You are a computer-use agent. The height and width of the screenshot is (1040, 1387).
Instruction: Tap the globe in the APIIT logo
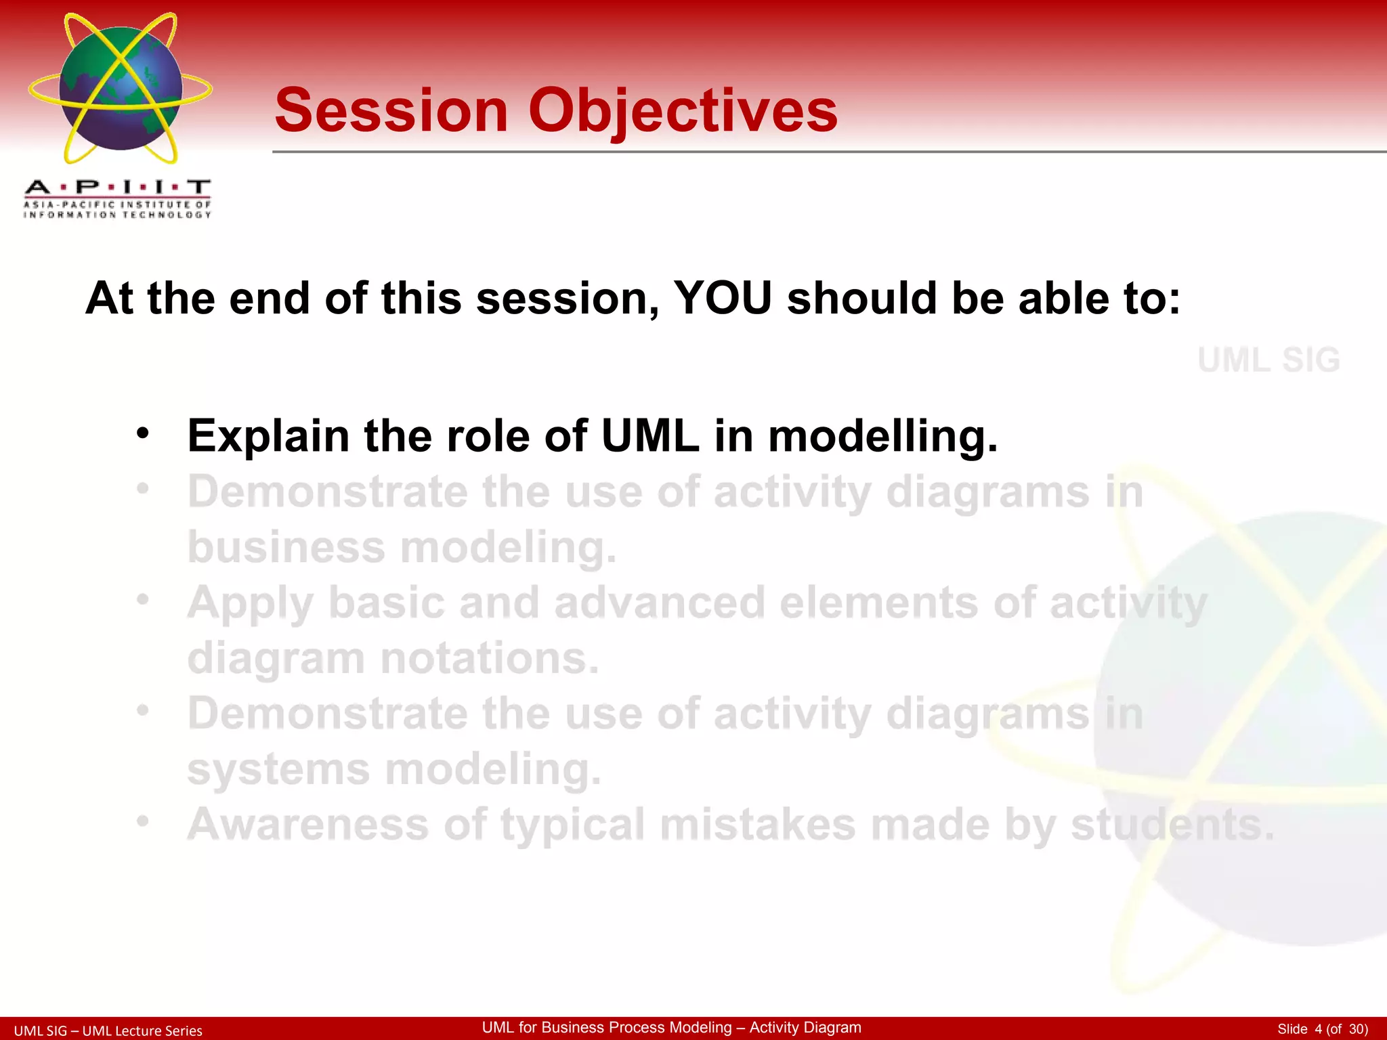coord(121,88)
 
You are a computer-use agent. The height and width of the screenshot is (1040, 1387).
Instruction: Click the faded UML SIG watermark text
coord(1268,360)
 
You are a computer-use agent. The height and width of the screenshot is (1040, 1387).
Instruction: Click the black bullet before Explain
coord(142,433)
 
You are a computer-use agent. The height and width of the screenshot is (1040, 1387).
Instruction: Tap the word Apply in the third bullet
coord(250,603)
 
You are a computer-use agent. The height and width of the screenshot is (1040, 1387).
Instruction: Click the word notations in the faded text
coord(490,658)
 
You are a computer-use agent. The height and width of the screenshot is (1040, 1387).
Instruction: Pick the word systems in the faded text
coord(278,770)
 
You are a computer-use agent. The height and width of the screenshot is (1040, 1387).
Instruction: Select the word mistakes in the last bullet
coord(757,825)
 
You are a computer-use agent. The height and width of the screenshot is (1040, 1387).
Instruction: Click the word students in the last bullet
coord(1172,825)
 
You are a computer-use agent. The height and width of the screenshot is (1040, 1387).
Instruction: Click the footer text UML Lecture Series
coord(142,1031)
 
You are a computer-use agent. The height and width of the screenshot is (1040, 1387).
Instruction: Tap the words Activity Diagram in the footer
coord(805,1027)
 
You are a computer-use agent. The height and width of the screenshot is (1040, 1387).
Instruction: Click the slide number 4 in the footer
coord(1318,1029)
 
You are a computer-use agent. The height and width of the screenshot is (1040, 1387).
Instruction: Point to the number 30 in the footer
coord(1358,1029)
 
